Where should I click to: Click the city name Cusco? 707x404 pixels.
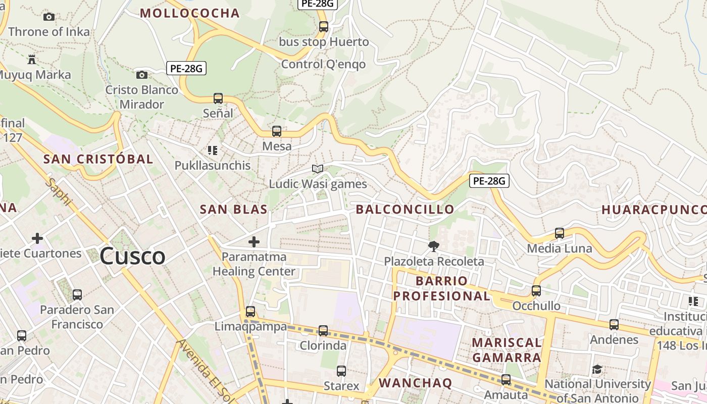click(x=132, y=256)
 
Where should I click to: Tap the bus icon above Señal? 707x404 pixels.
click(x=218, y=98)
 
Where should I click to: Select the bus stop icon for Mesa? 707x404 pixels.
click(x=277, y=131)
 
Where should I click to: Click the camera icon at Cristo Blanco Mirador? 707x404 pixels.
click(x=142, y=75)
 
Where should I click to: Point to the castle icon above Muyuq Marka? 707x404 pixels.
click(x=32, y=60)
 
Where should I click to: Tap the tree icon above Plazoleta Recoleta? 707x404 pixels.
click(x=433, y=246)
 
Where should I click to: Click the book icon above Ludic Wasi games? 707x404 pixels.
click(x=318, y=169)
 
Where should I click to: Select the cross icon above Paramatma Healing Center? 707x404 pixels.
click(x=254, y=242)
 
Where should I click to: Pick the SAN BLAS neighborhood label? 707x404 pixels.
click(x=233, y=210)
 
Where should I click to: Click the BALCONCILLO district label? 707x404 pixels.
click(x=405, y=210)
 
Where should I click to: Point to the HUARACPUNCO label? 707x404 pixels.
click(x=653, y=210)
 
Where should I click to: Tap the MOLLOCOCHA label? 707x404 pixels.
click(x=189, y=13)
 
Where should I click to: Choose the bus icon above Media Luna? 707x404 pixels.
click(x=560, y=233)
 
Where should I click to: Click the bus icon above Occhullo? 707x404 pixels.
click(x=536, y=291)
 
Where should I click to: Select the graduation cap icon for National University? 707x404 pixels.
click(x=597, y=369)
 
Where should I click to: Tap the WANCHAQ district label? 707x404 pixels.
click(x=415, y=383)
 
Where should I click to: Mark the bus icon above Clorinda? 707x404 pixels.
click(x=323, y=331)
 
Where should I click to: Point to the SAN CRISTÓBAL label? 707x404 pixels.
click(x=98, y=159)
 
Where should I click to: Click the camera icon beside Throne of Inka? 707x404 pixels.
click(x=49, y=17)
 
